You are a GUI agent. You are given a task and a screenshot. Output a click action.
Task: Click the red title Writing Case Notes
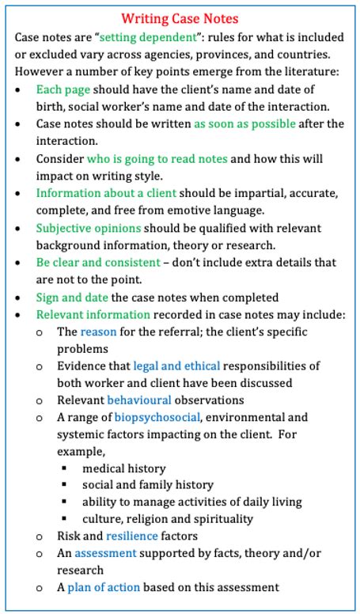(x=180, y=17)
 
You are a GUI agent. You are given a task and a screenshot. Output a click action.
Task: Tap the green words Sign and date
(x=70, y=298)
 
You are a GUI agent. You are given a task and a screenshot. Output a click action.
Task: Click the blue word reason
(x=97, y=332)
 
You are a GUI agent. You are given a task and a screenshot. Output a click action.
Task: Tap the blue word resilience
(x=134, y=536)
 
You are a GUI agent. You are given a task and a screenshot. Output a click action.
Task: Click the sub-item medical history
(x=127, y=468)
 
